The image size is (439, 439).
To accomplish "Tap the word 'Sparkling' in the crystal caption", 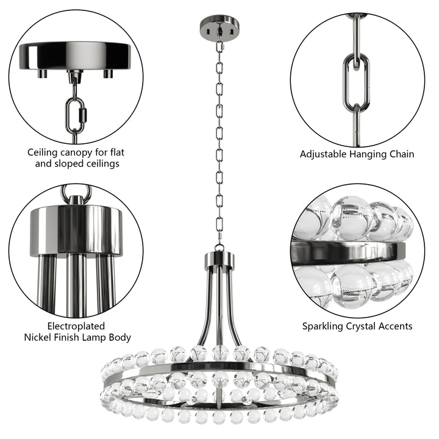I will point(326,326).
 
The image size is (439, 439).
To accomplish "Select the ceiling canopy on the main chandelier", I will point(220,27).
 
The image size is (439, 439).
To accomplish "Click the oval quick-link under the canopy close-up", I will point(77,113).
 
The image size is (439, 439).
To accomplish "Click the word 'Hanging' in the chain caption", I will point(371,154).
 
